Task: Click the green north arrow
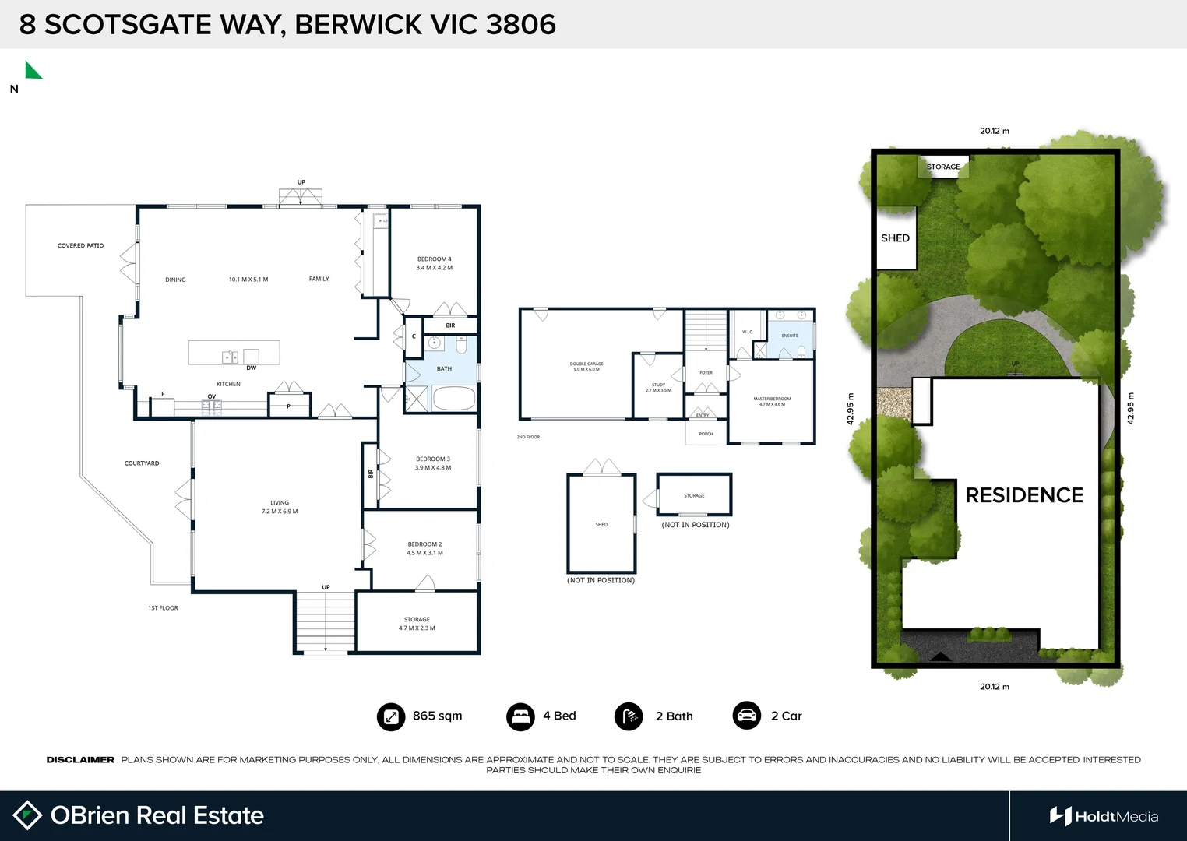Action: coord(32,71)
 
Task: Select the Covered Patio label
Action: coord(80,245)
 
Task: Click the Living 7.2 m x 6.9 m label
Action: coord(280,507)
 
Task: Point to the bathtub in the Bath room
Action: coord(453,399)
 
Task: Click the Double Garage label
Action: coord(586,366)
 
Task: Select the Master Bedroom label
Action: coord(772,401)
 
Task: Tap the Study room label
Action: coord(658,387)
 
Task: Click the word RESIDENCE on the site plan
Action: coord(1024,495)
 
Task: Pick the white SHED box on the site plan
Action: coord(896,238)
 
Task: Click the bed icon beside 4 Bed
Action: coord(520,716)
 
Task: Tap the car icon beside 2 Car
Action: coord(746,716)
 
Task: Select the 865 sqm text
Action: coord(437,716)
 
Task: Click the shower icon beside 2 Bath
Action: coord(629,716)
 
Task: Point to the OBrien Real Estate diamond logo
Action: coord(27,815)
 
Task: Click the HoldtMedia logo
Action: coord(1104,816)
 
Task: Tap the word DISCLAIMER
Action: coord(80,759)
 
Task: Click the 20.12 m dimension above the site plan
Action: coord(994,131)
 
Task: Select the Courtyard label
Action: coord(142,463)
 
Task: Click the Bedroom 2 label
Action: coord(424,548)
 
